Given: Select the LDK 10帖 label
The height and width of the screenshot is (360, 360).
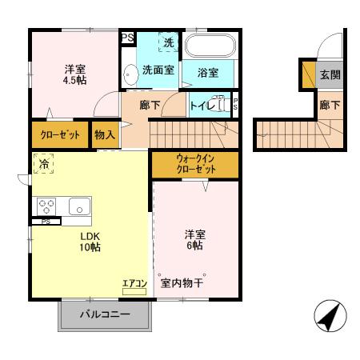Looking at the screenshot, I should [x=89, y=242].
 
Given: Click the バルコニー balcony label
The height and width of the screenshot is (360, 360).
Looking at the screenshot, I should [x=104, y=315].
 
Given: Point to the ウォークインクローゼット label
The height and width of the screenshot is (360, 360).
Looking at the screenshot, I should [x=195, y=164].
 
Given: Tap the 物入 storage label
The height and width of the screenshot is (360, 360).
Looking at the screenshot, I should [x=105, y=134].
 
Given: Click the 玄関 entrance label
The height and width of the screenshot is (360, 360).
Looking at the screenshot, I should [x=329, y=75].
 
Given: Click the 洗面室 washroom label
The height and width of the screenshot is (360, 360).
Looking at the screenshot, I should [x=158, y=70].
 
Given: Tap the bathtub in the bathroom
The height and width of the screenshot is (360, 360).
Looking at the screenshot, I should [x=210, y=46].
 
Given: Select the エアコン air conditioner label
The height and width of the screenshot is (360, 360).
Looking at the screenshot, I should [x=134, y=282].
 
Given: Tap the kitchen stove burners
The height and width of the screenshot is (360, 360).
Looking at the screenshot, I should [x=46, y=206].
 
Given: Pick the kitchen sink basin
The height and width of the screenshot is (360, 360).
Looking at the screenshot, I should [x=80, y=206].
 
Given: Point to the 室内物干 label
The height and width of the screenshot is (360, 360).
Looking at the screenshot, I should [x=182, y=283].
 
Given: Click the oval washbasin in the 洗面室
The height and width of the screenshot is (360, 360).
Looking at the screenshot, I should [x=129, y=74].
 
